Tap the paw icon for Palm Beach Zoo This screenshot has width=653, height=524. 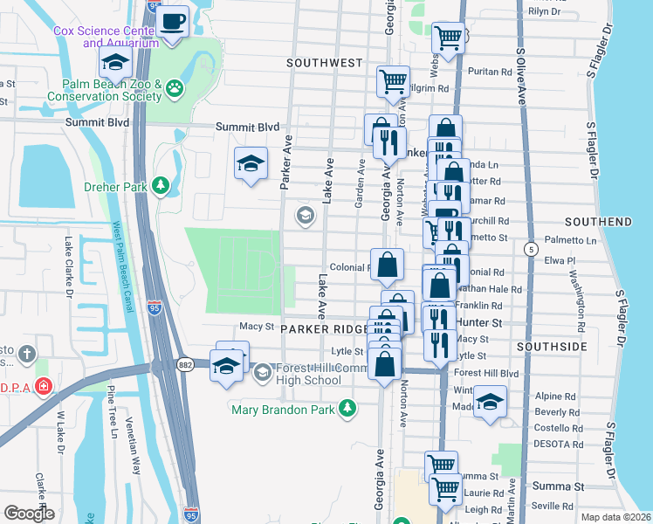point(177,86)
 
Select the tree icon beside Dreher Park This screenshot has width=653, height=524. point(160,185)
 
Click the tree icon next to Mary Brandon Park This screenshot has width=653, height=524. point(348,408)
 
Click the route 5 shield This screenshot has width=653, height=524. point(530,250)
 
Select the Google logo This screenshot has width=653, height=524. point(29,513)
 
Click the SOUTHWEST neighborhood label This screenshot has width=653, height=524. point(325,63)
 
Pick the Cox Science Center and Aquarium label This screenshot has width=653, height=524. point(106,36)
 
